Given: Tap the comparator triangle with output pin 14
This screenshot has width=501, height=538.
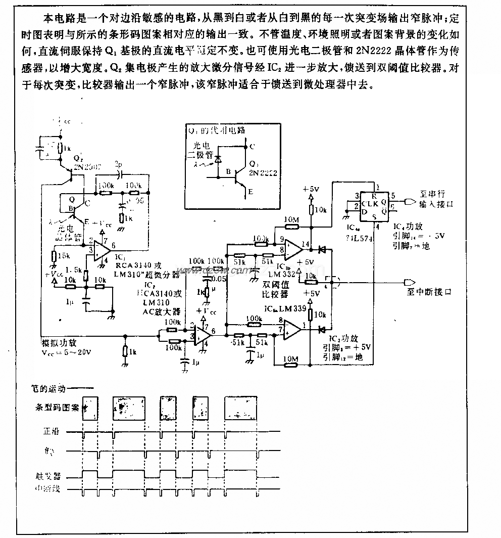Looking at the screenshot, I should [292, 247].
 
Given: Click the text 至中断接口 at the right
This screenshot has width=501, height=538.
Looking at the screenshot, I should [429, 292].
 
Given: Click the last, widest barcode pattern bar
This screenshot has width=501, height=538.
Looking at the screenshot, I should [241, 408].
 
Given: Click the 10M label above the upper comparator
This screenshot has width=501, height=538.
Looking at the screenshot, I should [292, 219].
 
